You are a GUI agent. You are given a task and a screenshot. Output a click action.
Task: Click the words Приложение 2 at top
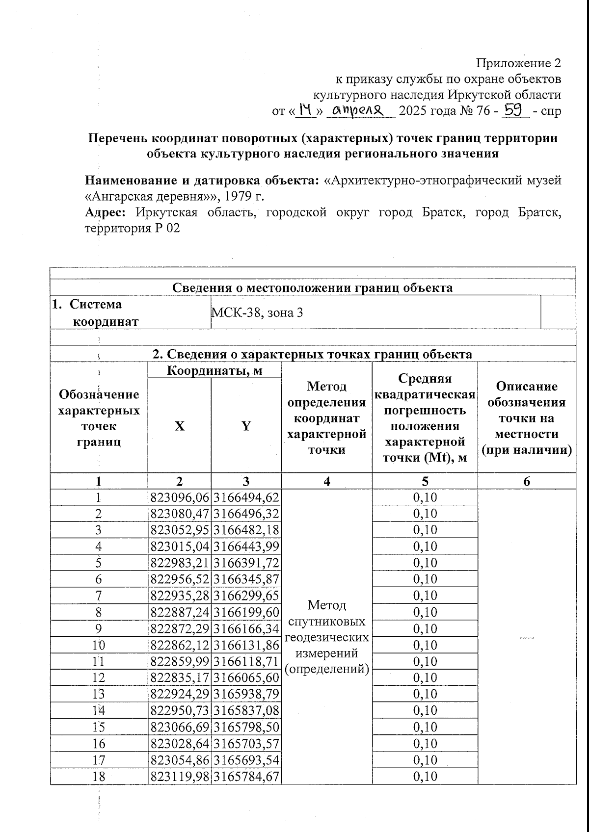point(518,63)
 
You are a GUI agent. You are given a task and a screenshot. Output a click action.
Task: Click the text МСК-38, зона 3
point(257,312)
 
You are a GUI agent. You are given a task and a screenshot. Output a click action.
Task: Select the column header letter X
point(180,426)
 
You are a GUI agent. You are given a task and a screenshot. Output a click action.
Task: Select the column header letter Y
point(246,426)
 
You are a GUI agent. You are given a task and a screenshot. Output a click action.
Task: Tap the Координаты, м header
point(214,370)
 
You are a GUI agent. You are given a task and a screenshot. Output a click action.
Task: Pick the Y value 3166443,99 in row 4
point(246,546)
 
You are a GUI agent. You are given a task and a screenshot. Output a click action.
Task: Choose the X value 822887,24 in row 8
point(180,612)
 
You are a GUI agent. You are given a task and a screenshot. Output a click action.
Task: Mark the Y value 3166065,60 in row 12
point(246,678)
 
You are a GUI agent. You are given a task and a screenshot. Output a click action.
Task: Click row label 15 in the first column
point(99,727)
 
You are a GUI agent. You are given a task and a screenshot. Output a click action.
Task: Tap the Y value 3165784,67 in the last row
point(246,777)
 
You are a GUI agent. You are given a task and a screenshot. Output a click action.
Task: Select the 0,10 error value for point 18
point(425,777)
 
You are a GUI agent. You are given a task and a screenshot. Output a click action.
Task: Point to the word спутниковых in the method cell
point(326,622)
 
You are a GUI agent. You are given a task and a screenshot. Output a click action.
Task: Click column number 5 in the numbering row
point(425,481)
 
